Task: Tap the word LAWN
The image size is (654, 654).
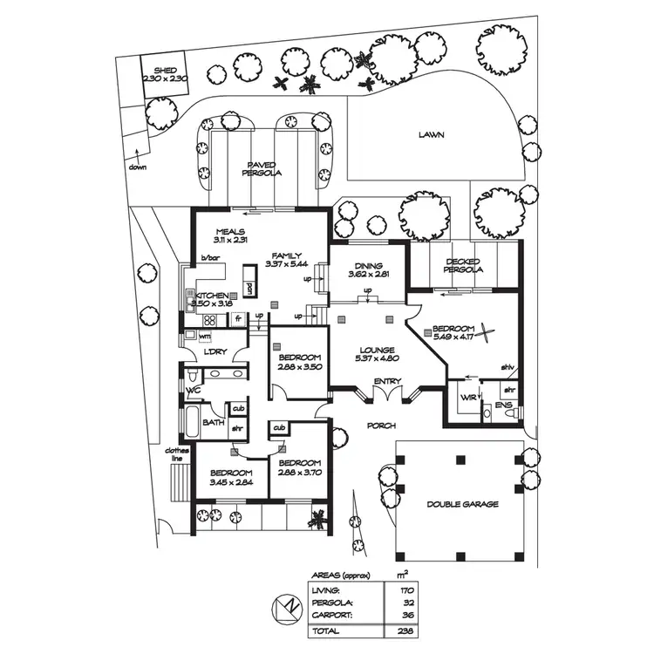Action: [x=430, y=135]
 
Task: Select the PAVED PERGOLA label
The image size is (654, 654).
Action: [x=262, y=168]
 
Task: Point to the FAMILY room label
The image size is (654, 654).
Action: [x=285, y=255]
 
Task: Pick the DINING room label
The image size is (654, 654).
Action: [x=364, y=266]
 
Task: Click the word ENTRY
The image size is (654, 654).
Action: [x=386, y=382]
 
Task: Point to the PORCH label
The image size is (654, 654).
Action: [x=382, y=426]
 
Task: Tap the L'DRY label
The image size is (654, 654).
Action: [x=215, y=351]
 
